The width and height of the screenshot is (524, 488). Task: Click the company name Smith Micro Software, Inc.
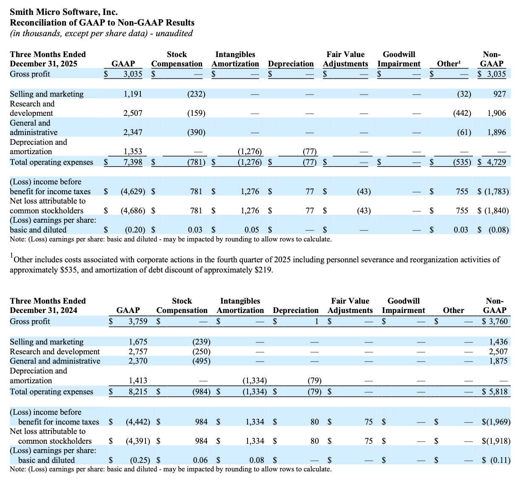[x=64, y=12]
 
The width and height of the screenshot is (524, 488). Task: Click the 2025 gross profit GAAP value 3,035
[x=133, y=74]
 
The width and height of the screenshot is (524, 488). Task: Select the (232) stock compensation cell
[x=196, y=94]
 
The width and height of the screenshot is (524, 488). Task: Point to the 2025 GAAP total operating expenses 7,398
[x=133, y=162]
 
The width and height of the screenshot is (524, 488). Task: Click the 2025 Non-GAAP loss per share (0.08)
[x=498, y=230]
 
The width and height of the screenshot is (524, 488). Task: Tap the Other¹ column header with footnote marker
[x=449, y=64]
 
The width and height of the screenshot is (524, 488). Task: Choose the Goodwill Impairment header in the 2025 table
[x=399, y=59]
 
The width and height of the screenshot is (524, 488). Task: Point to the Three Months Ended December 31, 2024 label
[x=48, y=305]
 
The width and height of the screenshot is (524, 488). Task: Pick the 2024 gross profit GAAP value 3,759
[x=138, y=322]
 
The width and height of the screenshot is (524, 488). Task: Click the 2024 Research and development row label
[x=55, y=352]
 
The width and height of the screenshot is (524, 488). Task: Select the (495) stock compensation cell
[x=201, y=361]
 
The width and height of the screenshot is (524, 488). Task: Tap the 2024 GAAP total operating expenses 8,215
[x=138, y=392]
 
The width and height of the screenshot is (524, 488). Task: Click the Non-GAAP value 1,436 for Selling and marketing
[x=498, y=342]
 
